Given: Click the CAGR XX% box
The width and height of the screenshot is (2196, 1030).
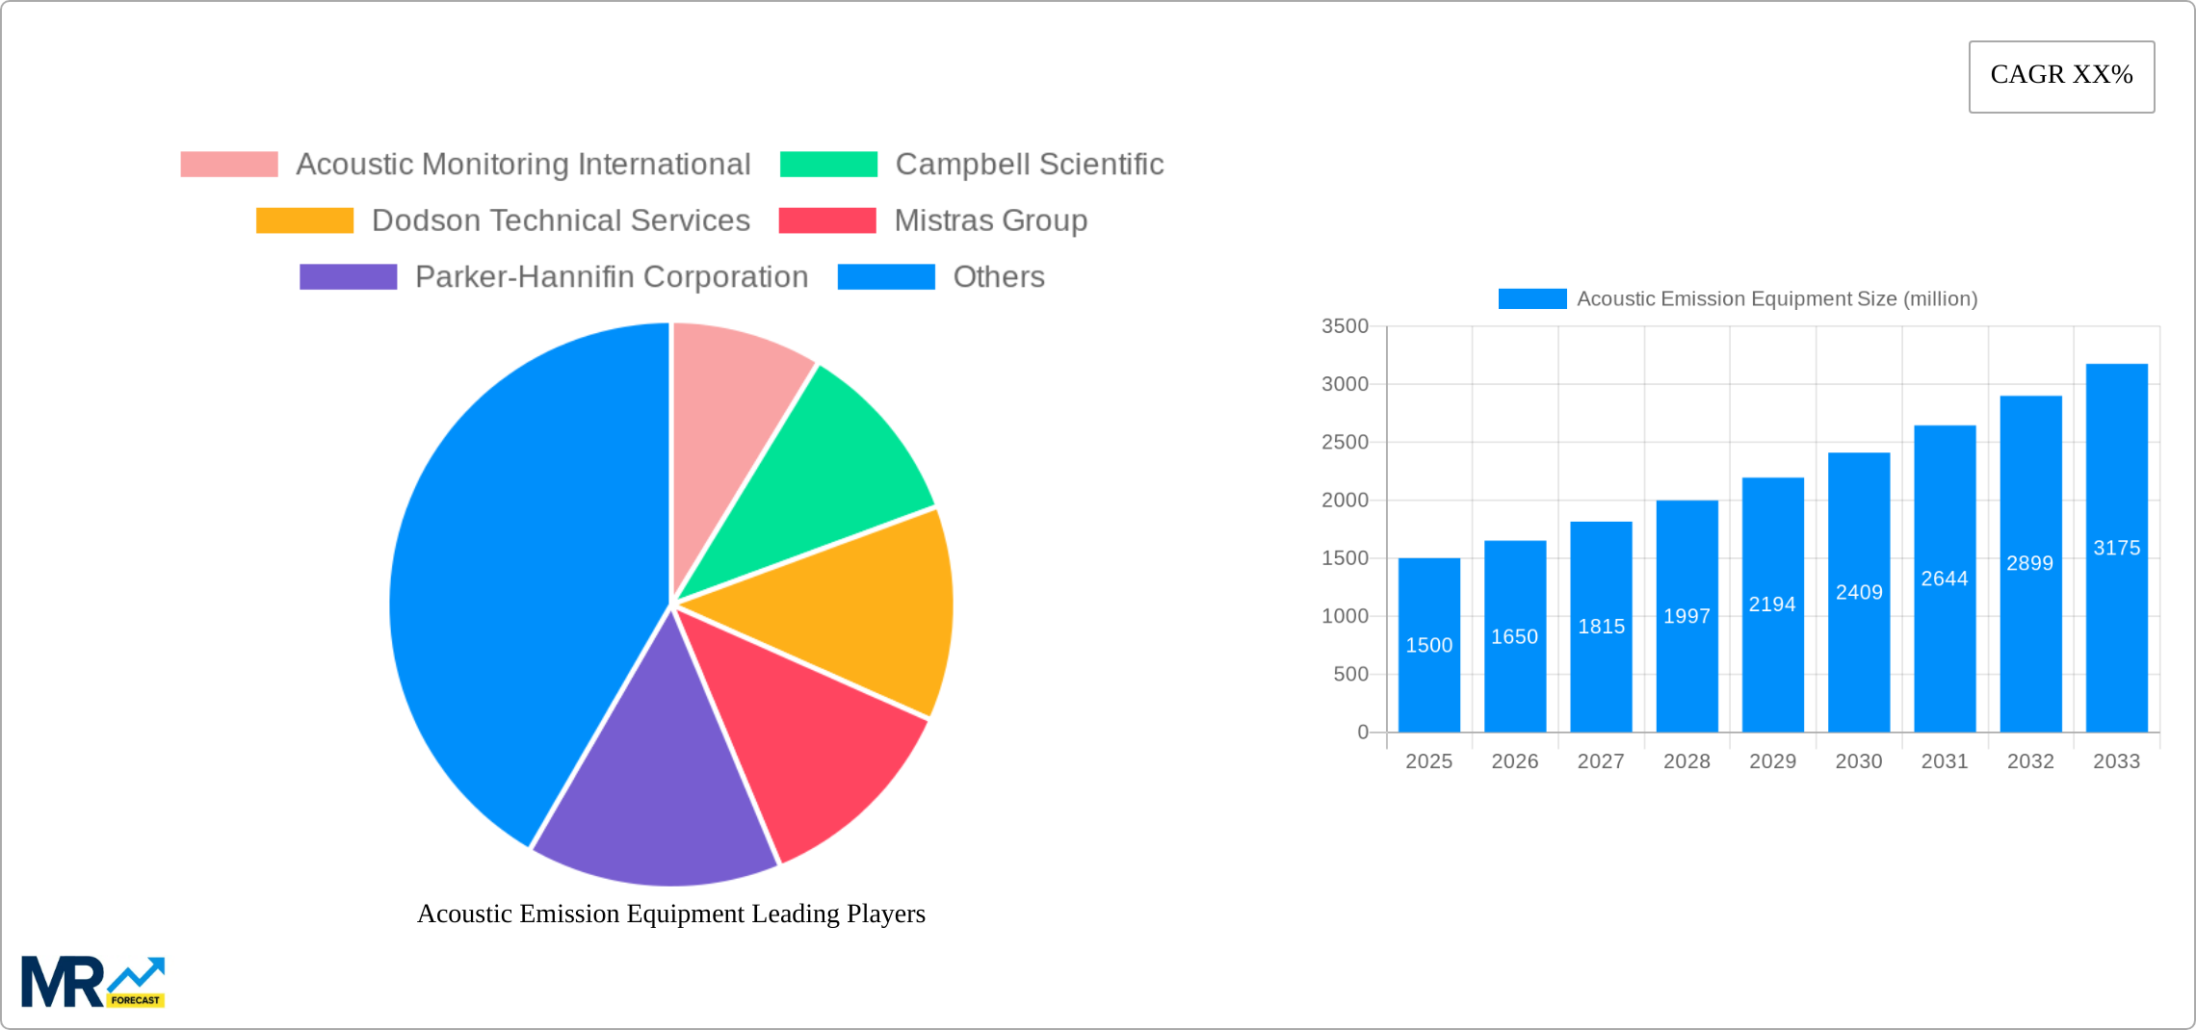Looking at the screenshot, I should tap(2061, 76).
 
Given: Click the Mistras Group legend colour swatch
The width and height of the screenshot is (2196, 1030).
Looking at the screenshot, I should tap(826, 220).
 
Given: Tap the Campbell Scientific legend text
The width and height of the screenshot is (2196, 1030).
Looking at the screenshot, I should tap(1029, 165).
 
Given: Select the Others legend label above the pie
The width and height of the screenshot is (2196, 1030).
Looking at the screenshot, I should tap(998, 277).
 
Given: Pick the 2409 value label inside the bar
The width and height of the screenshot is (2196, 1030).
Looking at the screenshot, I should tap(1859, 592).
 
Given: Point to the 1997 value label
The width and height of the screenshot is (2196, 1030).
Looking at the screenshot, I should tap(1686, 616).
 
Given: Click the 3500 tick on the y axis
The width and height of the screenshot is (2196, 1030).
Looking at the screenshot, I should tap(1345, 326).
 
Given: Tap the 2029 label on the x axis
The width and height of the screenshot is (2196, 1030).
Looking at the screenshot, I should tap(1772, 761).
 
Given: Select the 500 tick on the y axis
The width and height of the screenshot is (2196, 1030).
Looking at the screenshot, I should tap(1350, 675).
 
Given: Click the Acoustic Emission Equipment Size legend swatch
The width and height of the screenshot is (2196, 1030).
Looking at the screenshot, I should tap(1531, 299).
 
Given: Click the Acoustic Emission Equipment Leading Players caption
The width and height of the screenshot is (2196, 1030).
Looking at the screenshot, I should tap(670, 914).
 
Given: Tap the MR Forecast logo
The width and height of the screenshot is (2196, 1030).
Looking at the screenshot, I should tap(92, 982).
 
